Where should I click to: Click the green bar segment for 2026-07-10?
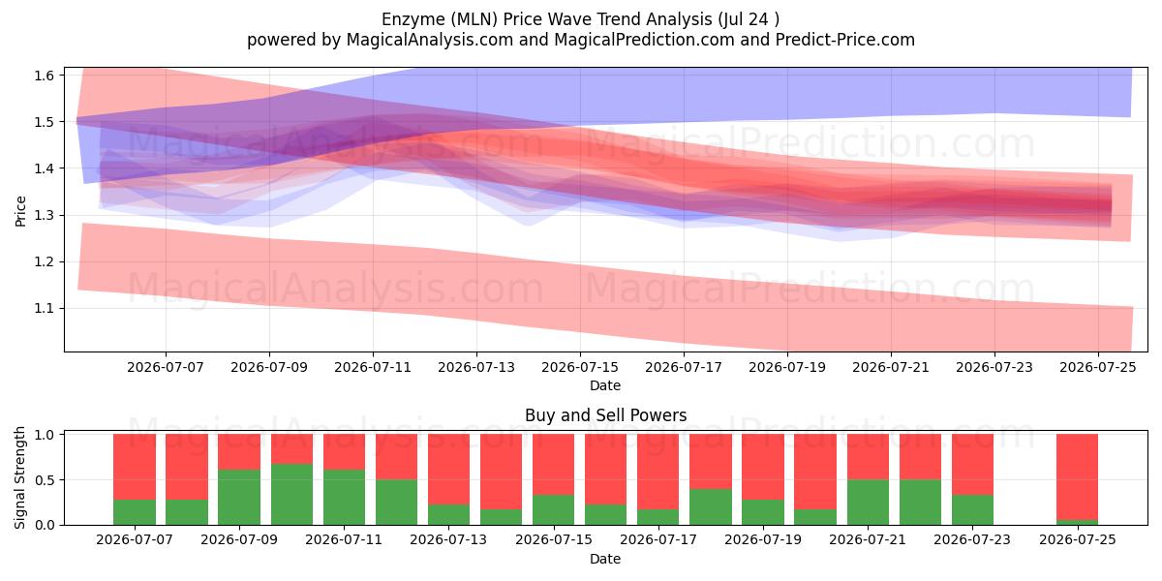[292, 495]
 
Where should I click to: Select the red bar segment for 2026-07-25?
[1078, 476]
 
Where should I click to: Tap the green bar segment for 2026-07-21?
[869, 503]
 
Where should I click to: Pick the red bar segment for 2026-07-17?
[658, 472]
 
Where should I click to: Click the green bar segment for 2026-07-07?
[135, 512]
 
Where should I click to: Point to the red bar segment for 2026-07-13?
[448, 470]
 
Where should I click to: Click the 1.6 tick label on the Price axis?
[45, 76]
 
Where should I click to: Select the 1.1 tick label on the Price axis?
[45, 309]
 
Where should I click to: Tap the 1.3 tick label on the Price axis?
[45, 215]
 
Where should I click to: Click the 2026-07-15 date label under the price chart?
[580, 367]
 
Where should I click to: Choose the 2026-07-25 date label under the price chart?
[1098, 367]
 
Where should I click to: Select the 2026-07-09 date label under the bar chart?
[239, 539]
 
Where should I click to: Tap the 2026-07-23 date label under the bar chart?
[972, 539]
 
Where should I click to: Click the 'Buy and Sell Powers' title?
[605, 415]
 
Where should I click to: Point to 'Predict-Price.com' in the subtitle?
[845, 40]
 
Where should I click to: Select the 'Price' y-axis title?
[20, 212]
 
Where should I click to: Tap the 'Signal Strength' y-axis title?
[19, 477]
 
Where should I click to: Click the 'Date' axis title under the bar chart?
[605, 559]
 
